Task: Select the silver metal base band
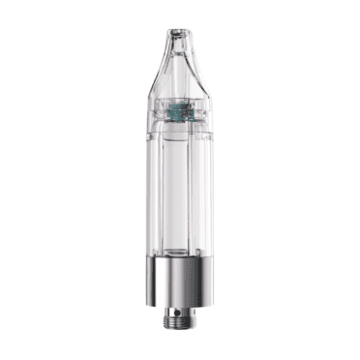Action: coord(180,281)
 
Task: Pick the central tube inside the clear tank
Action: coord(180,194)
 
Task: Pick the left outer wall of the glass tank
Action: coord(154,194)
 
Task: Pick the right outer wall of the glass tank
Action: coord(206,194)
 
